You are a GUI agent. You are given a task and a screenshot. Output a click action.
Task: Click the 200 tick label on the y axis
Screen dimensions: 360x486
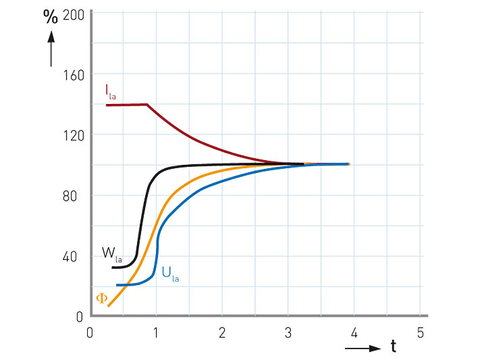coord(73,14)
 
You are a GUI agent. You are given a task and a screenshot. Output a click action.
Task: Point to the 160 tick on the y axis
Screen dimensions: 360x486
coord(73,74)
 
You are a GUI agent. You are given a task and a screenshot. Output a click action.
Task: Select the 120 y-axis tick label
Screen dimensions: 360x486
coord(73,134)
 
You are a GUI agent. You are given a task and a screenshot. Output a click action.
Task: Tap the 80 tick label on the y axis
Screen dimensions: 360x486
coord(76,195)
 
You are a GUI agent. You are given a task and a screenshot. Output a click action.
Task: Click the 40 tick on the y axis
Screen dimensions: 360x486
coord(76,256)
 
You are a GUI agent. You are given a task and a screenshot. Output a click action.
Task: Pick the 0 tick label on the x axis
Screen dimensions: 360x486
coord(90,333)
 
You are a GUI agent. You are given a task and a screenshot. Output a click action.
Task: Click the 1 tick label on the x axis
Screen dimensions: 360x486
coord(156,333)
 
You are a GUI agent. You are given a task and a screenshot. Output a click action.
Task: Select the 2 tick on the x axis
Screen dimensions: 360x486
coord(221,333)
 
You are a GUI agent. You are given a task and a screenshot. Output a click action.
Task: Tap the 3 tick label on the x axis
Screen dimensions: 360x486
coord(288,333)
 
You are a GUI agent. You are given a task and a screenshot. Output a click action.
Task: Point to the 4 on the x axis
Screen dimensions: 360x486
coord(353,333)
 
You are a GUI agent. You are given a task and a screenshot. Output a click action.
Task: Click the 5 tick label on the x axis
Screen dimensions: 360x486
coord(419,333)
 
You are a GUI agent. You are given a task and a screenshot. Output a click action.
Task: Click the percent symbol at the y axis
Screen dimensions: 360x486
coord(51,18)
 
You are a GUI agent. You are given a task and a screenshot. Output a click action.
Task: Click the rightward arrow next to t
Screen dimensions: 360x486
coord(362,349)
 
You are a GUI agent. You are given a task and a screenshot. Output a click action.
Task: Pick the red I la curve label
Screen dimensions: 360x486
coord(110,91)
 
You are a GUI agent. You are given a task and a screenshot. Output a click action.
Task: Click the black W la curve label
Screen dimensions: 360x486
coord(111,255)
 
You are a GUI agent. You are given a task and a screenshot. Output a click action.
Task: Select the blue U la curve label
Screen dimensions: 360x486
coord(170,274)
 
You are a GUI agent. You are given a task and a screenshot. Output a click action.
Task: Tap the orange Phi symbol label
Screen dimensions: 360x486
coord(102,298)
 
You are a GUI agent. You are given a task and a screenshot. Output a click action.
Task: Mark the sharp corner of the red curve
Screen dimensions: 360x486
coord(147,105)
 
